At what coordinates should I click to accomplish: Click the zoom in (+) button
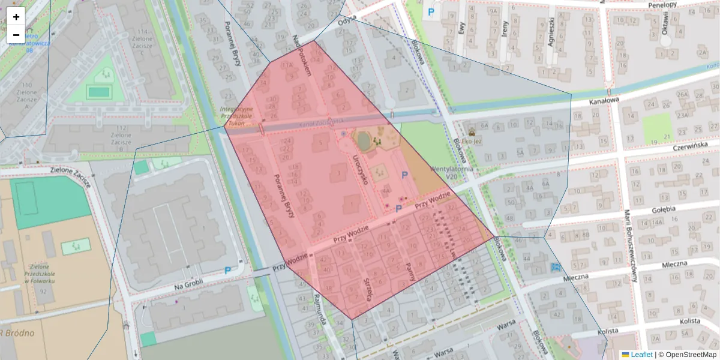[16, 17]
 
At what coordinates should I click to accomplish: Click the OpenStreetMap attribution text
[691, 355]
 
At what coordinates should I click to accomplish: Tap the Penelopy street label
[662, 5]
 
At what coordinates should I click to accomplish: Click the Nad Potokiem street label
[302, 55]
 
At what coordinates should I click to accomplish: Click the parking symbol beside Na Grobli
[227, 271]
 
